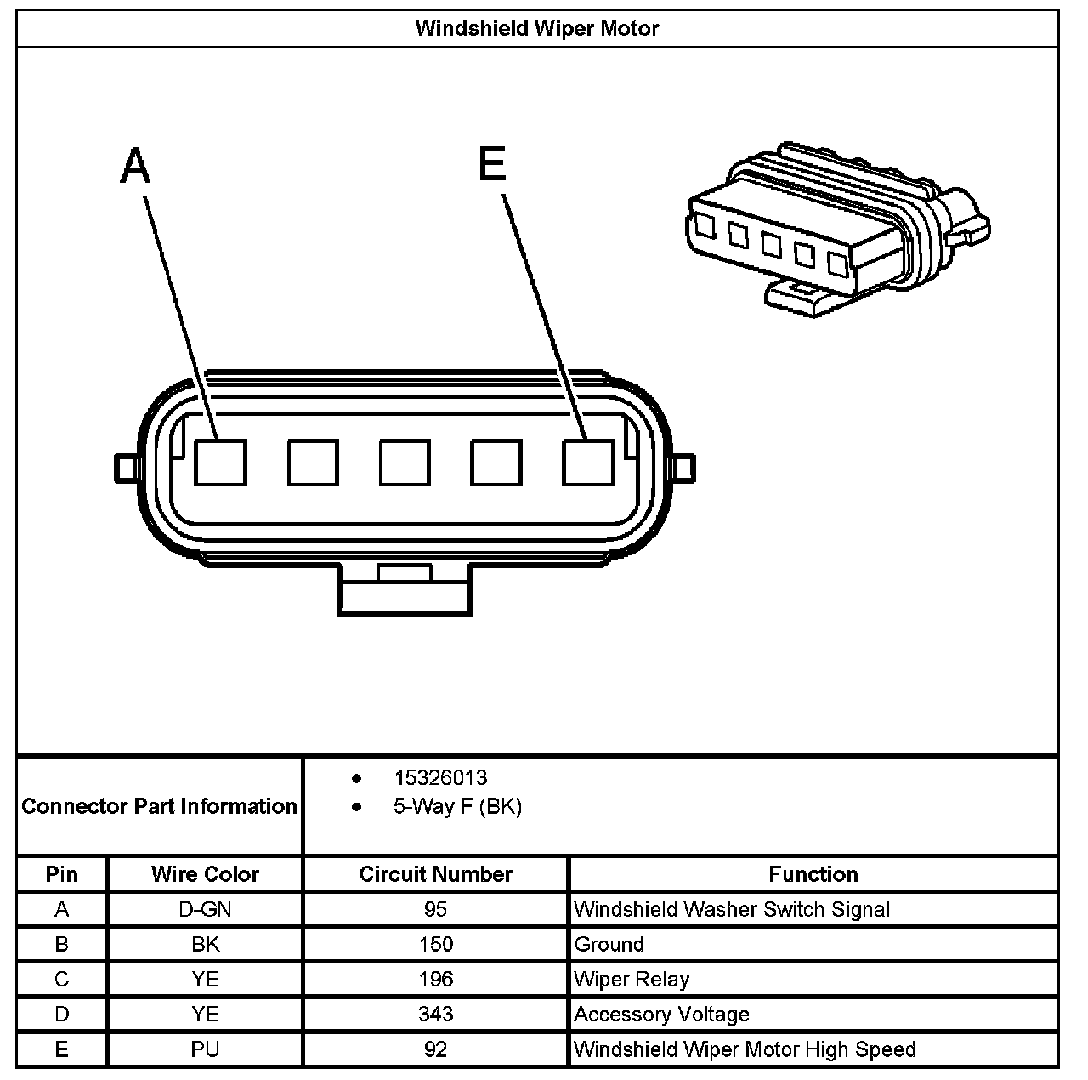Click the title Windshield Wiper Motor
coord(536,28)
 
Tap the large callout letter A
coord(135,165)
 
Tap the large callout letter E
coord(493,164)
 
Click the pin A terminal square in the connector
coord(220,463)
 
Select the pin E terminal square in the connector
coord(588,463)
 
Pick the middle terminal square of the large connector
coord(405,463)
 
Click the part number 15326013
coord(440,777)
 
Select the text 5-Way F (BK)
coord(457,806)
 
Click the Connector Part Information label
coord(159,806)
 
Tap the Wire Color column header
coord(205,874)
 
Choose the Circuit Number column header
coord(435,874)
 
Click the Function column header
coord(813,874)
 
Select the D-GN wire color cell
coord(205,909)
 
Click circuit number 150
coord(435,944)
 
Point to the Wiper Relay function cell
coord(632,979)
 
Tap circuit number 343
coord(435,1014)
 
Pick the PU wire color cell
coord(205,1049)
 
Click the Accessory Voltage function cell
coord(661,1014)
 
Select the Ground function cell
coord(609,944)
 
